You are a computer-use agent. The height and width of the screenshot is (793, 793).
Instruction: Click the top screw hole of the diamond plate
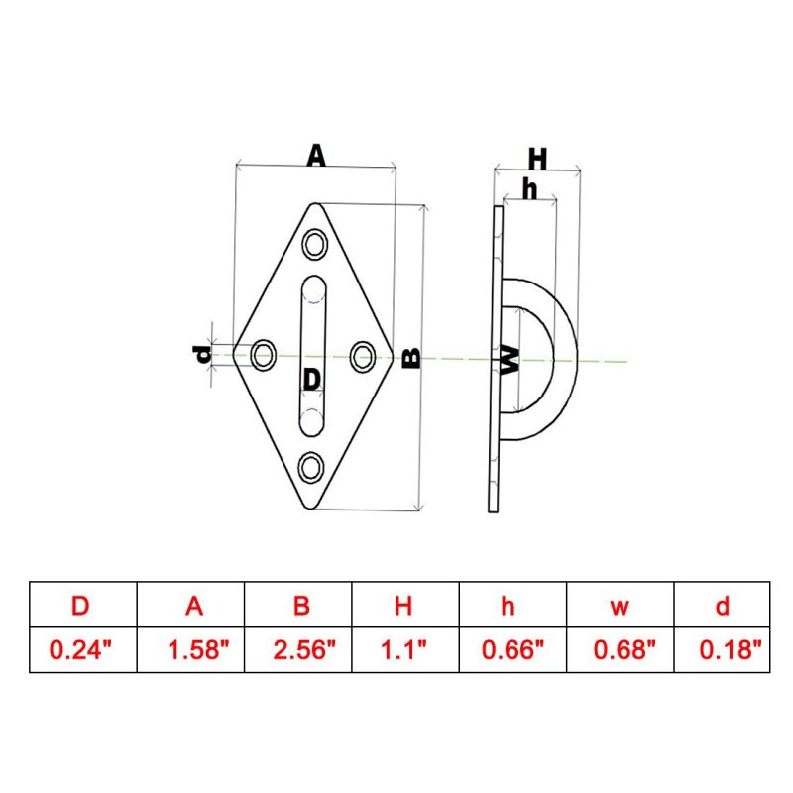click(x=314, y=244)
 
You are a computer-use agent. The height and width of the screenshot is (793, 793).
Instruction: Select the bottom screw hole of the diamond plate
click(x=311, y=467)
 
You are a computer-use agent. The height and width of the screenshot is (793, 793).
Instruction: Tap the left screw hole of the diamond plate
click(x=264, y=355)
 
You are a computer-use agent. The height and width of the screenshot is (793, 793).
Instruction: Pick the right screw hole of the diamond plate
click(x=363, y=356)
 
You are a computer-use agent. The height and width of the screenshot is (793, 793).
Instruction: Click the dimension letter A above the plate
click(x=316, y=156)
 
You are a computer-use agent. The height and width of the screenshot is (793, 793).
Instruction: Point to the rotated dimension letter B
click(x=411, y=358)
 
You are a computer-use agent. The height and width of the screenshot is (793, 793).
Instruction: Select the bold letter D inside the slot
click(x=312, y=379)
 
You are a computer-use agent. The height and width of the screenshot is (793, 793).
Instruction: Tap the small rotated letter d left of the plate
click(x=202, y=354)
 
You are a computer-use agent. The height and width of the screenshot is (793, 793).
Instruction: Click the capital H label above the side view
click(x=537, y=159)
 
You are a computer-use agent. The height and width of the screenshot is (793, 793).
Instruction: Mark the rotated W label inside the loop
click(x=510, y=360)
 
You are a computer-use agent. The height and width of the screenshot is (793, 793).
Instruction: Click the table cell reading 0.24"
click(x=80, y=649)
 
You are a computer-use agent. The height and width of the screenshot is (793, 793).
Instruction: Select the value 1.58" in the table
click(x=198, y=649)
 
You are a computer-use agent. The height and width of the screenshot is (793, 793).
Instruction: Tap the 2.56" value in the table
click(x=304, y=649)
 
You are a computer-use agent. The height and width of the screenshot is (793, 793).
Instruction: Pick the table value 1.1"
click(x=403, y=649)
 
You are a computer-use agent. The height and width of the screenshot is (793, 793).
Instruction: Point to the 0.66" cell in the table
click(x=512, y=649)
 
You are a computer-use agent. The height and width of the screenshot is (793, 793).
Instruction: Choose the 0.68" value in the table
click(x=624, y=649)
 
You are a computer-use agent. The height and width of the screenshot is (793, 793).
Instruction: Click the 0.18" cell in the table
click(x=731, y=649)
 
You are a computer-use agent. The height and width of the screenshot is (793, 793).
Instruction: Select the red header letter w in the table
click(x=620, y=607)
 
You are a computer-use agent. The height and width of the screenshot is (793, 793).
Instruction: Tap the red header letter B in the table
click(x=301, y=605)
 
